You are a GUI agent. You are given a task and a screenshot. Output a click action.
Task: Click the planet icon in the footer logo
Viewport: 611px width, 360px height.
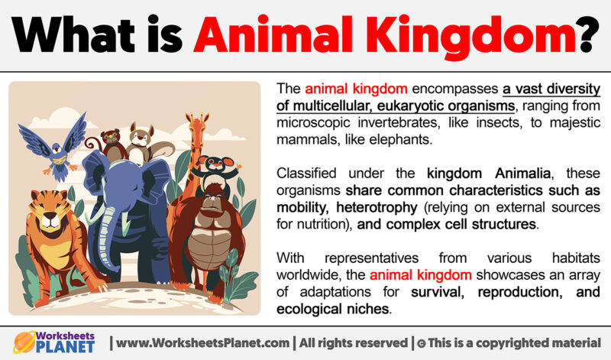[24, 342]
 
